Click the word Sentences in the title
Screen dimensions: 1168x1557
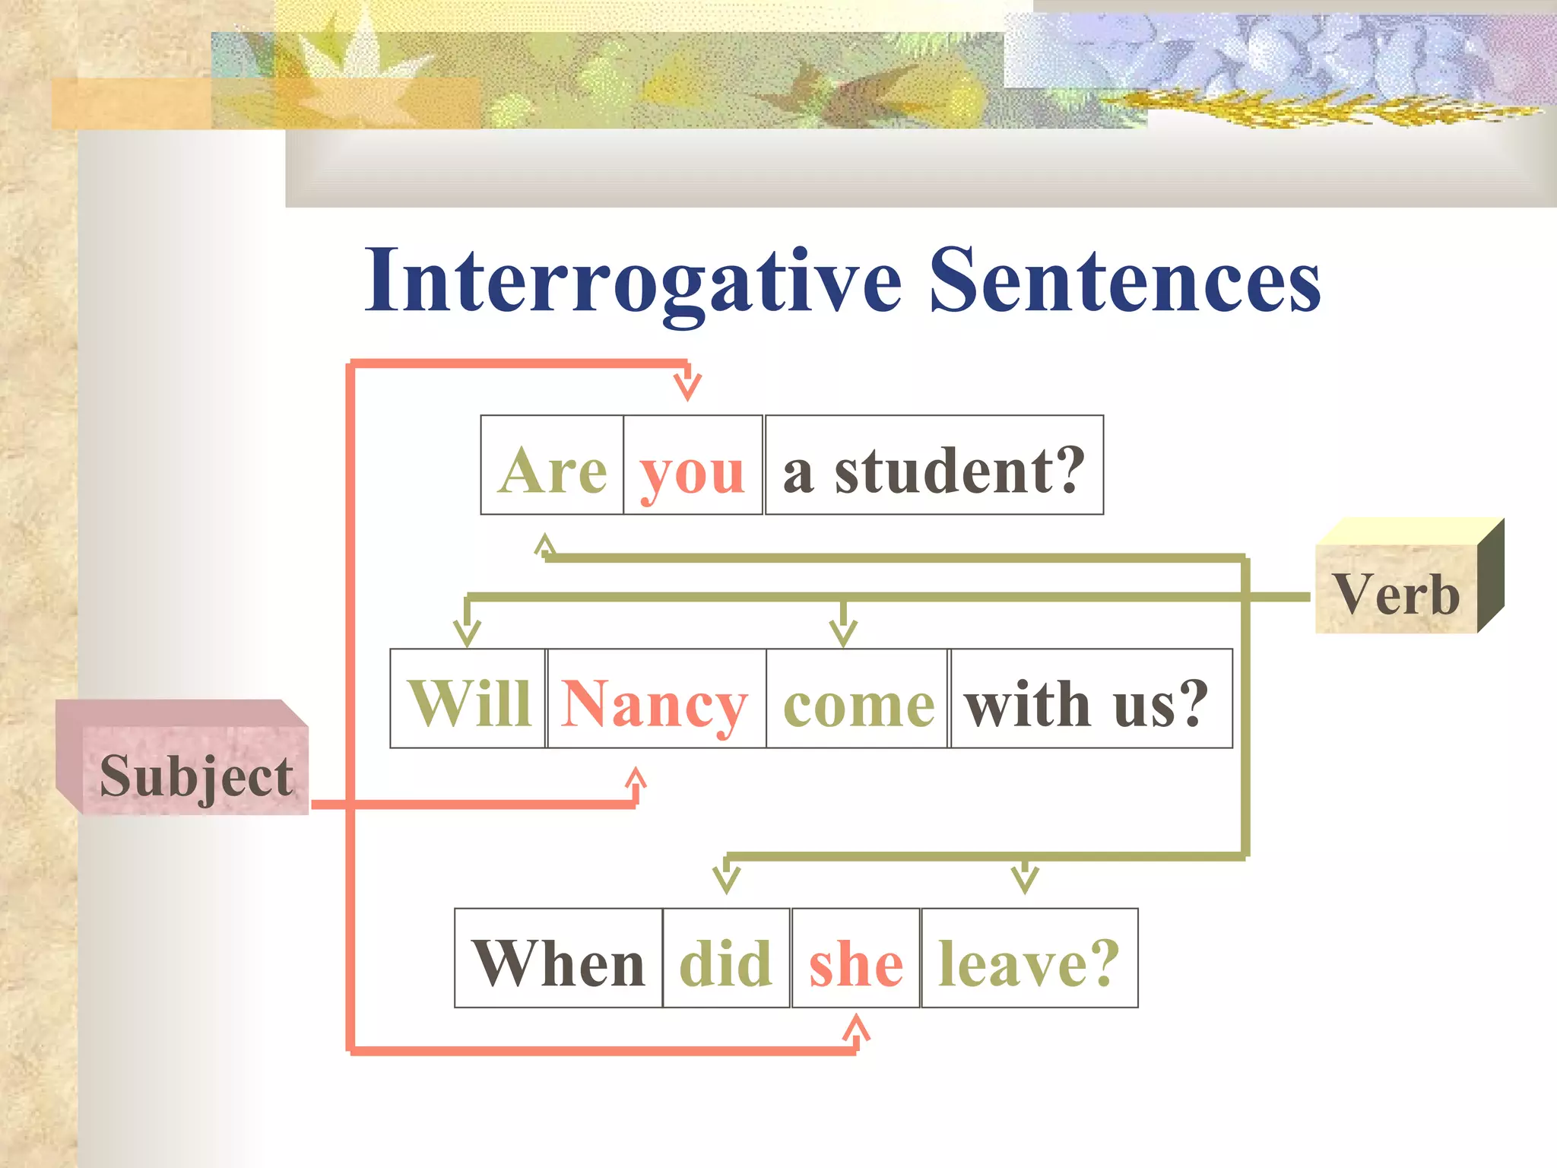pyautogui.click(x=1125, y=281)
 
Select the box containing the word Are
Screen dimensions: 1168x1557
pyautogui.click(x=553, y=465)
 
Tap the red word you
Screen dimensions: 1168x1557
pyautogui.click(x=693, y=471)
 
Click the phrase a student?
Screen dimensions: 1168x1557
pyautogui.click(x=934, y=470)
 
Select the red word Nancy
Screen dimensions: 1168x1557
pyautogui.click(x=655, y=704)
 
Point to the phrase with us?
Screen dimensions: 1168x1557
pyautogui.click(x=1087, y=703)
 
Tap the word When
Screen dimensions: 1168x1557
pyautogui.click(x=559, y=962)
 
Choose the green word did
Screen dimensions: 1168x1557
pyautogui.click(x=726, y=962)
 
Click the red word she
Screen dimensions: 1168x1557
pyautogui.click(x=856, y=963)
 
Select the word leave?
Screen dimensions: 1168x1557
pyautogui.click(x=1029, y=962)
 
